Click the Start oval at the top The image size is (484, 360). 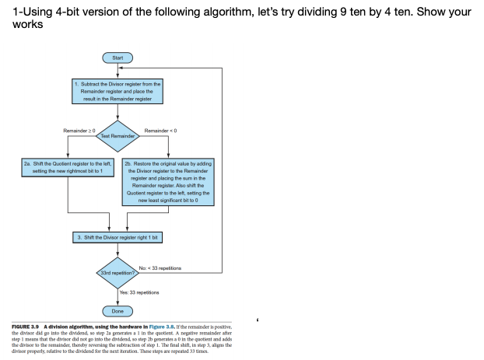[x=117, y=58]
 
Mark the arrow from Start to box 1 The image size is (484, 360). [x=117, y=70]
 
